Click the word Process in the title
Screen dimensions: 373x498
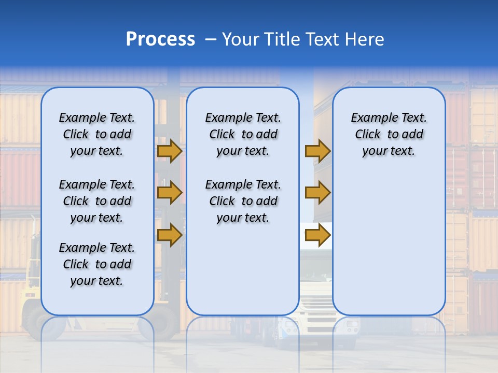[x=160, y=39]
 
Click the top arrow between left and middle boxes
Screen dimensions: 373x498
[x=169, y=151]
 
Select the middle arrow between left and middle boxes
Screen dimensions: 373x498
[x=169, y=193]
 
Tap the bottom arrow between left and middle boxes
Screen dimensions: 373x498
[x=169, y=235]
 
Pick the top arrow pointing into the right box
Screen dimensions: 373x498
[x=317, y=151]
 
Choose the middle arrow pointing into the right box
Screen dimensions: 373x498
[x=317, y=193]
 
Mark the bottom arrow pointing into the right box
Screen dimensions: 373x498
[x=317, y=235]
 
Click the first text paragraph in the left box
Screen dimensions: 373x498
[x=97, y=134]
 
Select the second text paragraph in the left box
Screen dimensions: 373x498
[x=97, y=201]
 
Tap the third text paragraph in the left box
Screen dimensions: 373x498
[x=97, y=264]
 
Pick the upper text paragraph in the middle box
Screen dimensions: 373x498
[x=243, y=134]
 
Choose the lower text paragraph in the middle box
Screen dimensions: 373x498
[x=243, y=201]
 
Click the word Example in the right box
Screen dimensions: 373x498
[x=370, y=118]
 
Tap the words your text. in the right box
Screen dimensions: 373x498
[x=389, y=151]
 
